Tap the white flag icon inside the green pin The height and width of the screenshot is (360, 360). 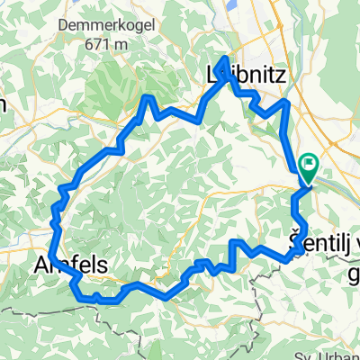pyautogui.click(x=310, y=164)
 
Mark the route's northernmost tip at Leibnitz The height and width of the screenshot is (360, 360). pyautogui.click(x=225, y=58)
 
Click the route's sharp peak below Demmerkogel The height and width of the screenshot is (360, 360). pyautogui.click(x=147, y=95)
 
